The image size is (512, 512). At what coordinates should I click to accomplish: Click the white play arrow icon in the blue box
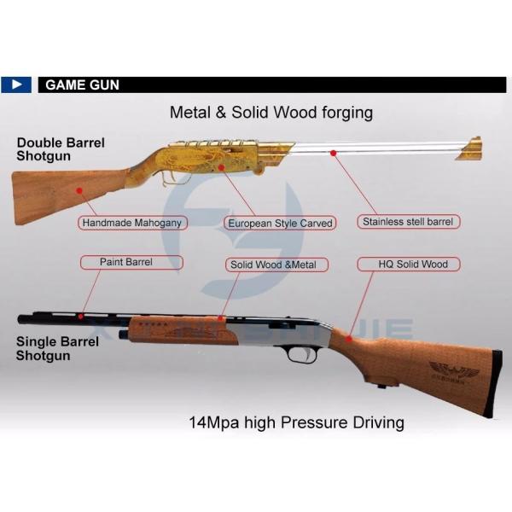click(x=17, y=84)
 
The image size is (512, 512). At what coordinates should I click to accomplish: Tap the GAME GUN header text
click(x=82, y=85)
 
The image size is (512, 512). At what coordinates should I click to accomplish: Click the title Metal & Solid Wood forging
click(x=271, y=112)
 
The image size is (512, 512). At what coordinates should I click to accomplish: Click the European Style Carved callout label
click(x=280, y=224)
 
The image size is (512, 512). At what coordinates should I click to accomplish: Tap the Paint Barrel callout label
click(x=126, y=262)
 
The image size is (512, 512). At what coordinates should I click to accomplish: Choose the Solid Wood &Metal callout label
click(x=273, y=265)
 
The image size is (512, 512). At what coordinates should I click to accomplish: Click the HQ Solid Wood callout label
click(x=413, y=265)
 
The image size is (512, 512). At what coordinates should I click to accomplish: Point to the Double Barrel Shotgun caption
click(x=60, y=149)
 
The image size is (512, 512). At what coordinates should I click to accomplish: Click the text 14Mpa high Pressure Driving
click(x=296, y=422)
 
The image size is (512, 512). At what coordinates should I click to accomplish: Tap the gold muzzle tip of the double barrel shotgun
click(x=470, y=148)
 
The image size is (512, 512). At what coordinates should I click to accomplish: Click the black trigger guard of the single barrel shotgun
click(x=301, y=352)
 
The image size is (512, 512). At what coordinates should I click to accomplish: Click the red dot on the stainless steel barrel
click(x=335, y=154)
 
